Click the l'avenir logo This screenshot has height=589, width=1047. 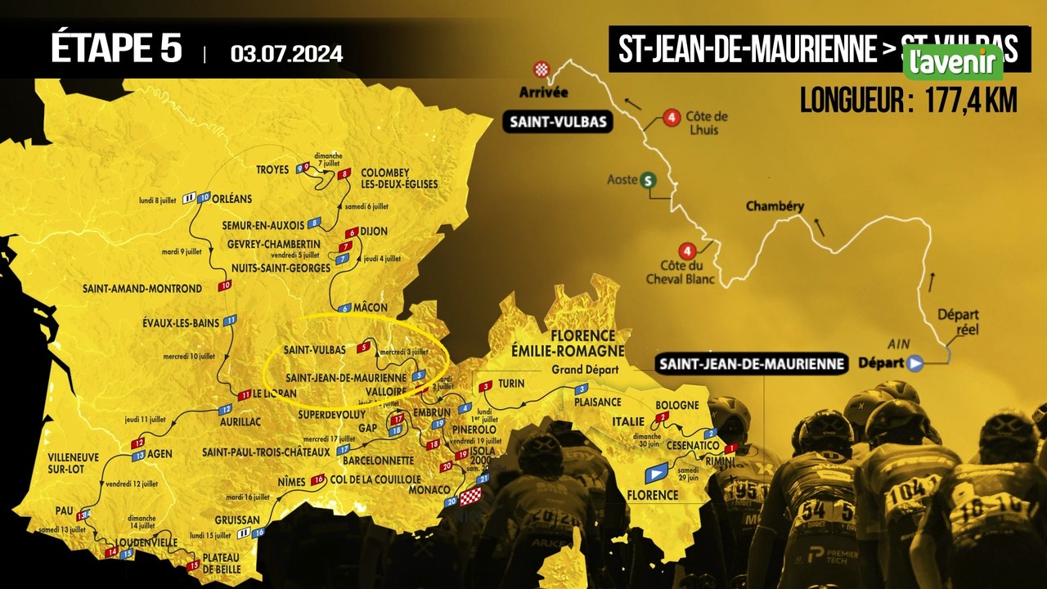pos(953,62)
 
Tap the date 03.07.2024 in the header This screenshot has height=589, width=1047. pos(286,54)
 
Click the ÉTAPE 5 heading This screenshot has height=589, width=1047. pos(116,48)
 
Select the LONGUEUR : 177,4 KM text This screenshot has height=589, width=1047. pos(908,101)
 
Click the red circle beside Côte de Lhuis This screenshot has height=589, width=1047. pos(672,118)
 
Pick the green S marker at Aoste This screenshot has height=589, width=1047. pos(649,181)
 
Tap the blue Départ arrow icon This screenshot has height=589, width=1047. pos(915,362)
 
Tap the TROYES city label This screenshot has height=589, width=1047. pos(273,170)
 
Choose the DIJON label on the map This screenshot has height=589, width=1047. pos(374,232)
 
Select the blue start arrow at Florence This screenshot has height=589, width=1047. pos(657,473)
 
